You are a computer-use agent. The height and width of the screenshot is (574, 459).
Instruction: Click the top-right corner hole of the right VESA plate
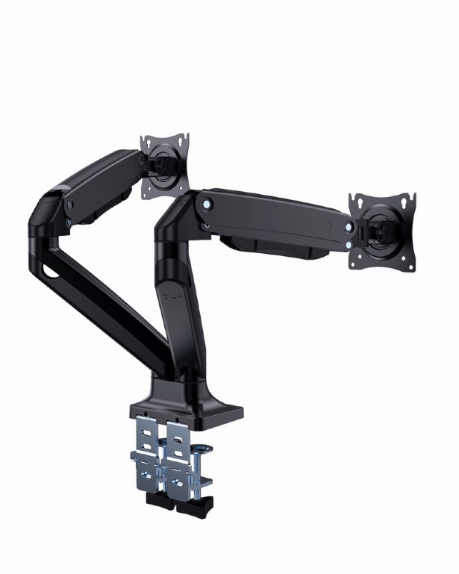408,198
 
